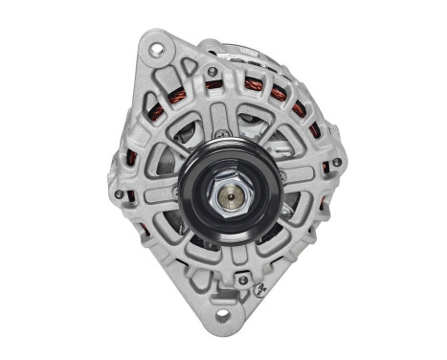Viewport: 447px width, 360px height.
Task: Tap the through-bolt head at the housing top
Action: click(x=212, y=70)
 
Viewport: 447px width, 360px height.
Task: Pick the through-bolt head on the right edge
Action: click(x=337, y=162)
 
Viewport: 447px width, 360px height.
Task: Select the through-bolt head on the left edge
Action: click(x=118, y=193)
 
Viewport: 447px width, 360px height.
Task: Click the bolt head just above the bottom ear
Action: click(x=242, y=280)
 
